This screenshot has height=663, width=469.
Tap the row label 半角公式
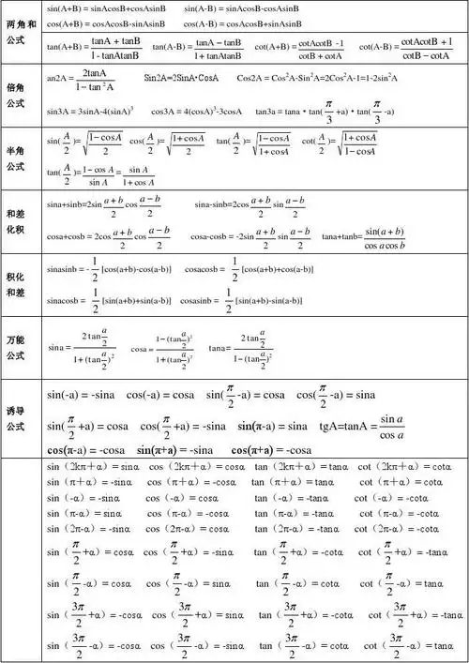point(22,158)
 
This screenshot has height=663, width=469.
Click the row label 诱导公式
point(22,419)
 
